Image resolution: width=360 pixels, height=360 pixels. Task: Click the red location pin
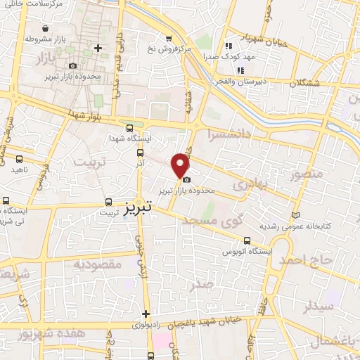tap(181, 165)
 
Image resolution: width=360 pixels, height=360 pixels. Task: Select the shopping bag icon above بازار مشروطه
tap(46, 29)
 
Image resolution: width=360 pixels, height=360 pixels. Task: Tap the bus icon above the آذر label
tap(141, 151)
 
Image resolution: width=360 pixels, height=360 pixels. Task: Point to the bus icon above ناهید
tap(19, 159)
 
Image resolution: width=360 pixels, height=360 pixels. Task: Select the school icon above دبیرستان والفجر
tap(240, 70)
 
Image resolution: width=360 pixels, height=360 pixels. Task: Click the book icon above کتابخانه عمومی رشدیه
tap(295, 215)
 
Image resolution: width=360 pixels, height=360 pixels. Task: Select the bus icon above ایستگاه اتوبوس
tap(245, 240)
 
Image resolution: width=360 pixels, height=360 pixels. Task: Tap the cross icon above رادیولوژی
tap(146, 314)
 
